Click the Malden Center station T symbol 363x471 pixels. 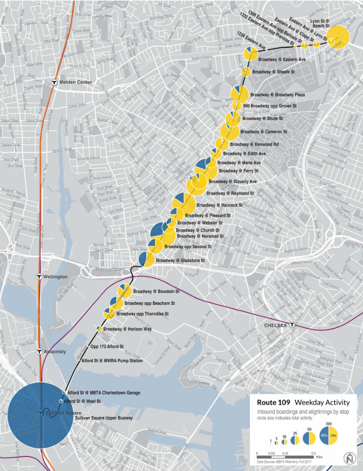54,82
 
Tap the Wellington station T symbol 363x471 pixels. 39,276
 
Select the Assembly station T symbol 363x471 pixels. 39,352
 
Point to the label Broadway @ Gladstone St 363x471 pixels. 180,260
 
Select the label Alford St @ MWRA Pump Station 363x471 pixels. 112,361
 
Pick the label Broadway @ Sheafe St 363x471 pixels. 274,72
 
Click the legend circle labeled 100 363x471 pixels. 329,435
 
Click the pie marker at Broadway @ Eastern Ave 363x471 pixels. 251,54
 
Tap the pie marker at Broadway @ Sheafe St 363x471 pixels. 246,72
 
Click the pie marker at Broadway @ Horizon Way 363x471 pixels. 99,330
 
